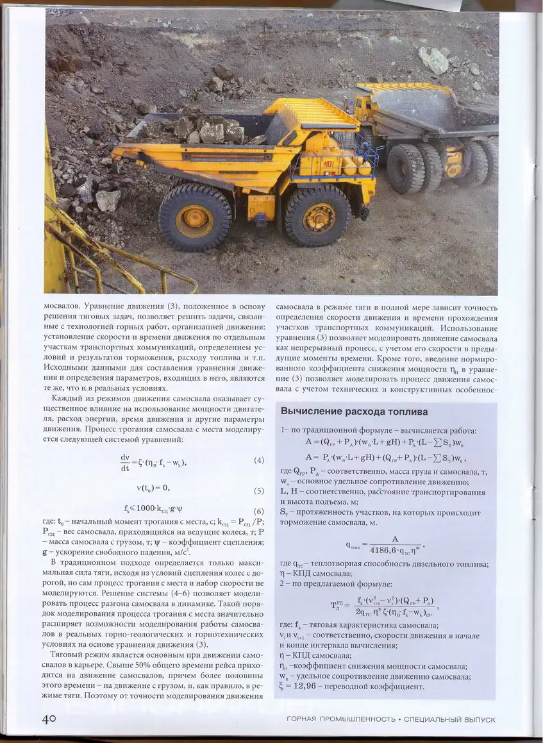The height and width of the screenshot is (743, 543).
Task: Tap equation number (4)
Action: (258, 460)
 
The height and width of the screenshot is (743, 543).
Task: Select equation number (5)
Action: (258, 491)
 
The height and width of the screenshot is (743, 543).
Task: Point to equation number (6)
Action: (258, 511)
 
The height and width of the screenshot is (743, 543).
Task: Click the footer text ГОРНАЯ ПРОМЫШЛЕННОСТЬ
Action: (340, 719)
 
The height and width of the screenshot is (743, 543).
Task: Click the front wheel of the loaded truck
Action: (318, 216)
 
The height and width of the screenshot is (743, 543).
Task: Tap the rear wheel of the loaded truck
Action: (194, 217)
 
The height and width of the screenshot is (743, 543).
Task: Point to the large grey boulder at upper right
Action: (434, 60)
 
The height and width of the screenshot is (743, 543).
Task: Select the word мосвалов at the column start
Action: (62, 307)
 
